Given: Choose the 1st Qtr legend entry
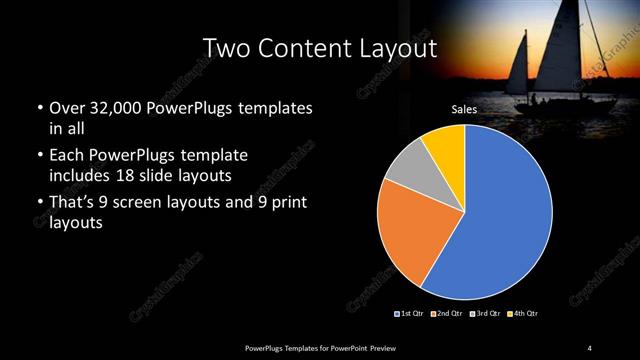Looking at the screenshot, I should pyautogui.click(x=411, y=314).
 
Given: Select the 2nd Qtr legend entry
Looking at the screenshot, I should pyautogui.click(x=446, y=314).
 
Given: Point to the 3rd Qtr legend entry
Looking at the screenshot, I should pyautogui.click(x=485, y=314).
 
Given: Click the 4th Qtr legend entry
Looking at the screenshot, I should pyautogui.click(x=522, y=314).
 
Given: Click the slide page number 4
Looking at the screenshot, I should pyautogui.click(x=589, y=347).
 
